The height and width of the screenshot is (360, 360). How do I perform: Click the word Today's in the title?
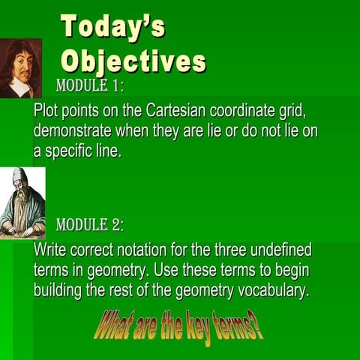112,28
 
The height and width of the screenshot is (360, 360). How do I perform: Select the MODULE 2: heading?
90,225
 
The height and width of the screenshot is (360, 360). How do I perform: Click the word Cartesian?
177,111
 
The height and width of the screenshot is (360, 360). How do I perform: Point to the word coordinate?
246,111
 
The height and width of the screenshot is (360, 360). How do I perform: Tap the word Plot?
46,111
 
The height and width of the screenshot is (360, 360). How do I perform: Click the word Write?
51,250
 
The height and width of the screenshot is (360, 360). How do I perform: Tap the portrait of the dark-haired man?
20,67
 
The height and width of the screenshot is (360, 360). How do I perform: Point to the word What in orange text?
114,327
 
